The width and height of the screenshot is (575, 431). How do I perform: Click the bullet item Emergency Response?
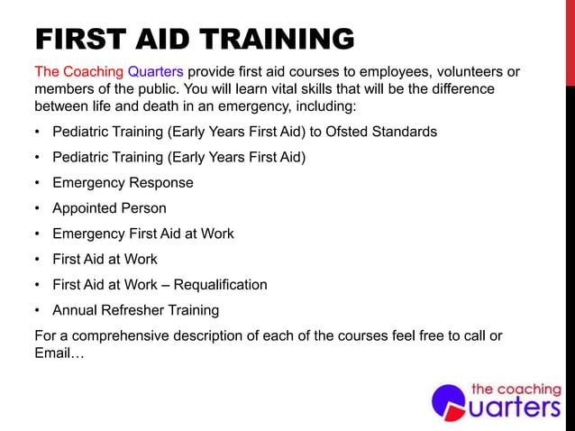123,183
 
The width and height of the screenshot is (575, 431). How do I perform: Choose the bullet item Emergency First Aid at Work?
142,234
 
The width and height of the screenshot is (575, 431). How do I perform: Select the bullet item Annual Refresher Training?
135,310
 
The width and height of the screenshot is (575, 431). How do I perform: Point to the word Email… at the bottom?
59,353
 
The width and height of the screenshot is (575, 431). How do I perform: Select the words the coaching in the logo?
516,390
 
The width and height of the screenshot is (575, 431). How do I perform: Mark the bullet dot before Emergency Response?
37,183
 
